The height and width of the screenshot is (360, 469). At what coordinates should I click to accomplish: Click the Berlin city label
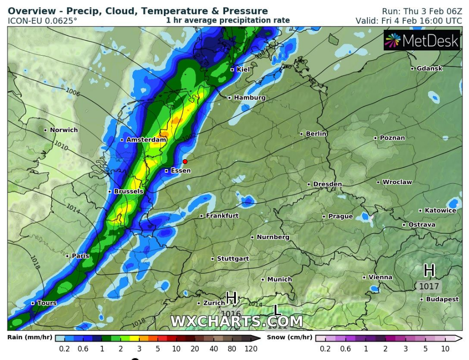tap(316, 134)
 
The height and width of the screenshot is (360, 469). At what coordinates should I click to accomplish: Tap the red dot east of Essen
tap(185, 162)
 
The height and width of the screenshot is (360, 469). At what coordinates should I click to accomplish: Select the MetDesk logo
tap(422, 41)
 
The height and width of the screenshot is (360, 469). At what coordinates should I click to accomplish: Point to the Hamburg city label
tap(250, 98)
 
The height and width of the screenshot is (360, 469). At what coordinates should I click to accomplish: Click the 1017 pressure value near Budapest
tap(429, 286)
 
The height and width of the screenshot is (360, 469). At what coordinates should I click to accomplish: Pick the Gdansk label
tap(429, 68)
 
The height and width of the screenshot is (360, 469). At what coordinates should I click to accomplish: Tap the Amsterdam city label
tap(146, 140)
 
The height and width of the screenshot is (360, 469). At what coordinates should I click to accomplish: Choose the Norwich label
tap(64, 130)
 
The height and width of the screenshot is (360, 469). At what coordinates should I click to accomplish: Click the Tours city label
tap(47, 303)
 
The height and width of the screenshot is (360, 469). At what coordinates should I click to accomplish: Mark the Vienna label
tap(380, 277)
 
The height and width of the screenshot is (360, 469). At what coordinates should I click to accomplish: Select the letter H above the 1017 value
tap(429, 270)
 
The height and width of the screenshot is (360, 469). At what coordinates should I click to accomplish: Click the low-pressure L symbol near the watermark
tap(278, 310)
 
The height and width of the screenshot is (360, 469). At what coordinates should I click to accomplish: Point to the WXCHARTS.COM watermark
tap(236, 321)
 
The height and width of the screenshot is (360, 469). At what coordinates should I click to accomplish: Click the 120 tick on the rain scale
tap(251, 349)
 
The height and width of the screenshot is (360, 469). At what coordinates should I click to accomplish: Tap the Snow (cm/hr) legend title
tap(289, 337)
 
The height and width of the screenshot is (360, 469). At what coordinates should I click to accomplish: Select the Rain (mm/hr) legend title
tap(30, 337)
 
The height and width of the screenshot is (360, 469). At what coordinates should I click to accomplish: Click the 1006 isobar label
tap(73, 91)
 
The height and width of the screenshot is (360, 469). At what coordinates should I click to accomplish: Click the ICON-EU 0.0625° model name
tap(43, 21)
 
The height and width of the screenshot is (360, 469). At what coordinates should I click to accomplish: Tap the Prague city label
tap(340, 216)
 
